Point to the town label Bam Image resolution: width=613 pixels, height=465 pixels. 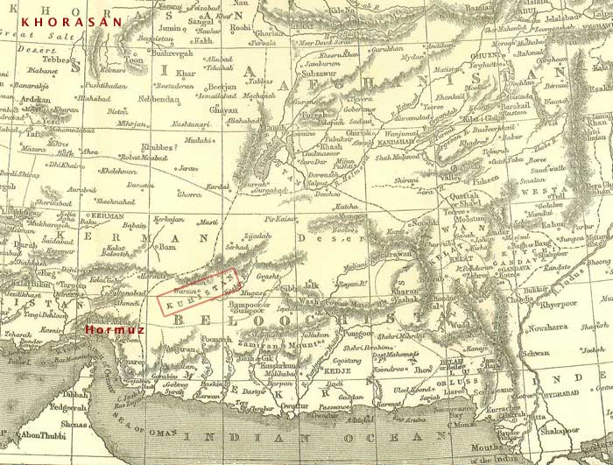tap(168, 247)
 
